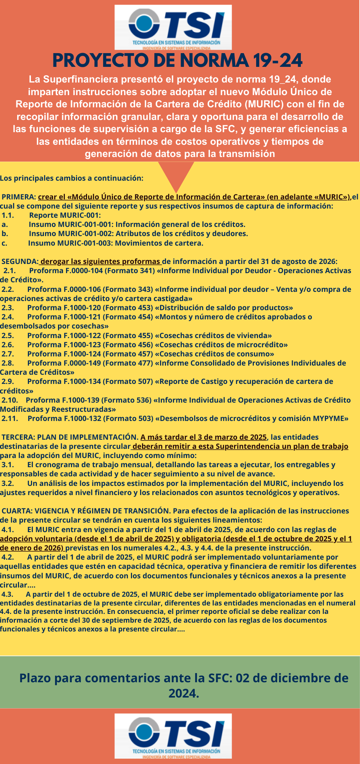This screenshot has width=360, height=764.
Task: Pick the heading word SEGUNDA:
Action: (x=20, y=262)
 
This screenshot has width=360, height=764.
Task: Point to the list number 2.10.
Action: (x=10, y=400)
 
